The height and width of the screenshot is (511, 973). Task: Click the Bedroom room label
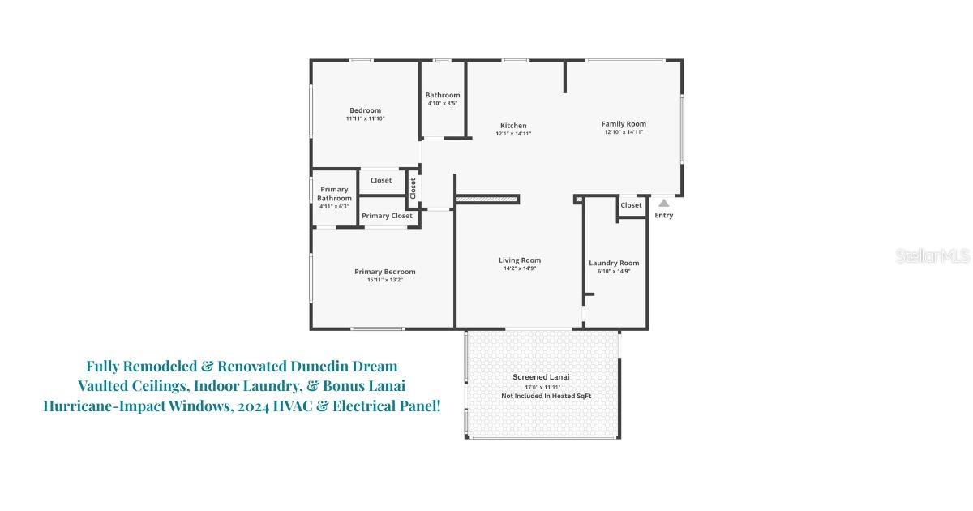[365, 110]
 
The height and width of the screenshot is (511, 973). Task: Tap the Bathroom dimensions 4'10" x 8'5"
[443, 104]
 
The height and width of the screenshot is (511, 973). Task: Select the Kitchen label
[513, 126]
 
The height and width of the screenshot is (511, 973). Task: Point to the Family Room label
[624, 124]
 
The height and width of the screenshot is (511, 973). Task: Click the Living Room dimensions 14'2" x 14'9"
[520, 268]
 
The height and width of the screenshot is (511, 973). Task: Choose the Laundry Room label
[614, 263]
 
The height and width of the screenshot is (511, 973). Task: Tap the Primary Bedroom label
[384, 272]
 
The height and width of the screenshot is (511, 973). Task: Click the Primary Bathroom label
[334, 194]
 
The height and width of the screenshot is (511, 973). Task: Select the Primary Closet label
[387, 216]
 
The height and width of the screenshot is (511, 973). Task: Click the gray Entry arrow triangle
[664, 203]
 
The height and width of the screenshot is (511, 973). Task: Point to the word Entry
[664, 216]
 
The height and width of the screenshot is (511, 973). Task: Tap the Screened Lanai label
[541, 377]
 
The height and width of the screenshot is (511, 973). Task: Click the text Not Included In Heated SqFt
[546, 396]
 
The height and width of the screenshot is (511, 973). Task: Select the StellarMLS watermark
[932, 256]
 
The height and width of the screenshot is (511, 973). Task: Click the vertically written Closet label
[413, 188]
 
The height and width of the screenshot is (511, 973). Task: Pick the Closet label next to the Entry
[631, 205]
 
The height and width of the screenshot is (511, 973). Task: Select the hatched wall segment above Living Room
[487, 199]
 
